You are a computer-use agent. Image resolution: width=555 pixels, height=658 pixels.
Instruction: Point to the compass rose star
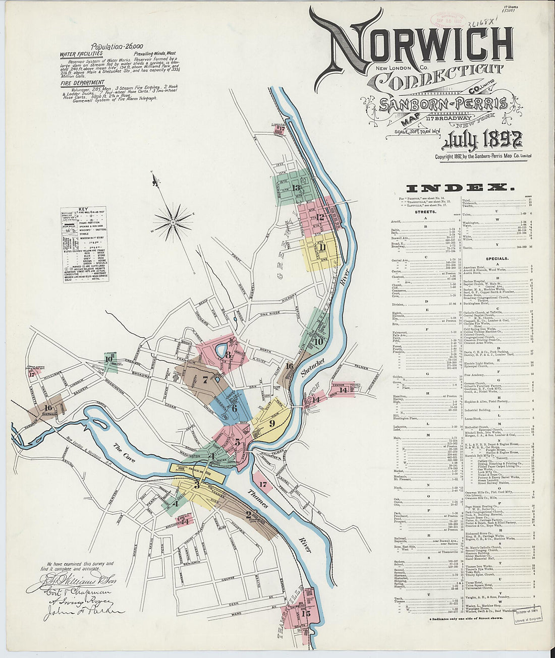pos(173,220)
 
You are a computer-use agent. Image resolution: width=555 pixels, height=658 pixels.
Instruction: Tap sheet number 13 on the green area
pos(297,189)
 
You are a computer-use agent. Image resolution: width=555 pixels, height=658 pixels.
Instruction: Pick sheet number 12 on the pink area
pos(320,217)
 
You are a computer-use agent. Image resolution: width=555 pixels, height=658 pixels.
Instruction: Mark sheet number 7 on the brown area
pos(205,380)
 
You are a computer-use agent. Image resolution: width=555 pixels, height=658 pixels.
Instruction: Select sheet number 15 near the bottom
pos(306,613)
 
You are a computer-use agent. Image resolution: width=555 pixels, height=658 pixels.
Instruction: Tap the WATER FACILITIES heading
pos(81,53)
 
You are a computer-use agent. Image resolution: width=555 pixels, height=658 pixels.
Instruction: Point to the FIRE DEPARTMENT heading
pos(82,83)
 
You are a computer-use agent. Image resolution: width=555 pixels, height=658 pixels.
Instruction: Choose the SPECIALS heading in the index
pos(497,258)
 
